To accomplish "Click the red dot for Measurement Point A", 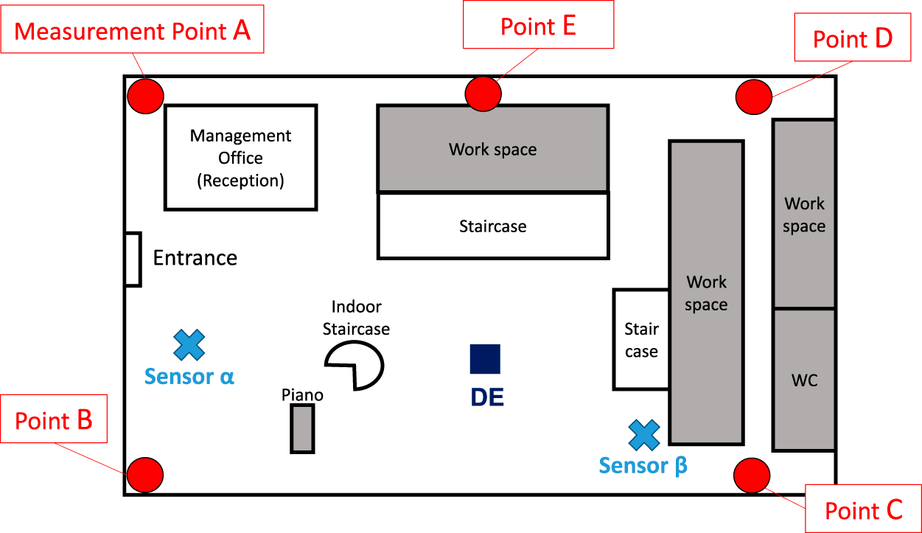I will [146, 96].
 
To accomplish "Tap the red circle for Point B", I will [144, 475].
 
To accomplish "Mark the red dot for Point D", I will [754, 97].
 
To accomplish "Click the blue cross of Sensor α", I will [189, 344].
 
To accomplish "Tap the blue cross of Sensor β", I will [644, 435].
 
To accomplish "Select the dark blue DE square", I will [485, 359].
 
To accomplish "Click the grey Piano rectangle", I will [302, 428].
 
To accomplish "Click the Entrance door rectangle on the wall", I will [133, 259].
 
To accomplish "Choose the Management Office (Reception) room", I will [240, 157].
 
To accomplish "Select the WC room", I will [804, 380].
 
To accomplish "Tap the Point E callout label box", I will [538, 25].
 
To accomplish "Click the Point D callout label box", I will [853, 38].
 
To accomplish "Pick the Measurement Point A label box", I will [132, 32].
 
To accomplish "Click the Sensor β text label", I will [643, 466].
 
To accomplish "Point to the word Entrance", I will [195, 258].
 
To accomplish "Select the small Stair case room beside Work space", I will [641, 339].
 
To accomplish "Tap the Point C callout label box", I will [863, 509].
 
